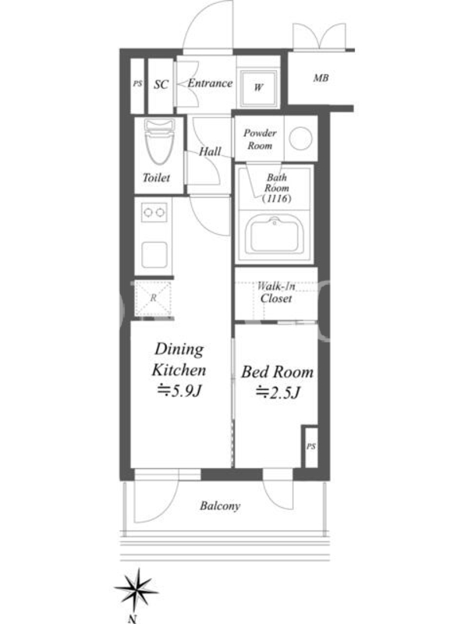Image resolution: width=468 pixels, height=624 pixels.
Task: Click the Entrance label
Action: pyautogui.click(x=210, y=83)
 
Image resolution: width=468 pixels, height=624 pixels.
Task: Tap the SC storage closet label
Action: pyautogui.click(x=161, y=84)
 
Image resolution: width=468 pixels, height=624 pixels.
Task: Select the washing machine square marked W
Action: pyautogui.click(x=258, y=88)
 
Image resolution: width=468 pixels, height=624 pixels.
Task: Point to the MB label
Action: pyautogui.click(x=321, y=78)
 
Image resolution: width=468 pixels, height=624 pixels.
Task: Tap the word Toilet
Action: pyautogui.click(x=157, y=178)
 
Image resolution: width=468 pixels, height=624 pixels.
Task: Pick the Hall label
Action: pyautogui.click(x=210, y=151)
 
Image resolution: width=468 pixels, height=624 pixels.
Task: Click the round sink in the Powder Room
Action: pyautogui.click(x=300, y=138)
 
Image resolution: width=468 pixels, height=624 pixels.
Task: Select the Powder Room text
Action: pyautogui.click(x=260, y=140)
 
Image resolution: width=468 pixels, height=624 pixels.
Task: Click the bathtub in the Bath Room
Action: pyautogui.click(x=275, y=235)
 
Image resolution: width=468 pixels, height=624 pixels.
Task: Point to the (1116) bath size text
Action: pyautogui.click(x=277, y=198)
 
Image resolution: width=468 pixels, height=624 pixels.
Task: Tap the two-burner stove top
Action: pyautogui.click(x=154, y=212)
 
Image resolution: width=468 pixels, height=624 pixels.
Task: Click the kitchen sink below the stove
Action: pyautogui.click(x=154, y=255)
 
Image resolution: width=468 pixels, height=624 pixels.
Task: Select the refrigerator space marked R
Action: pyautogui.click(x=153, y=298)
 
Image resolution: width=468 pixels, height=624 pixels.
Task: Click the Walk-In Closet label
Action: pyautogui.click(x=276, y=292)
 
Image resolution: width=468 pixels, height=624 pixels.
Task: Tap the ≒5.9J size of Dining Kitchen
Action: pyautogui.click(x=179, y=392)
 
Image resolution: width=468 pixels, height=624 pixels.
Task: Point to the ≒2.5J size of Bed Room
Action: pyautogui.click(x=277, y=393)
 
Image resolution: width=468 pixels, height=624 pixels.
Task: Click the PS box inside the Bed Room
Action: pyautogui.click(x=310, y=446)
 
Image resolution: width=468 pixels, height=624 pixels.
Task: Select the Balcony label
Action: pyautogui.click(x=220, y=505)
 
